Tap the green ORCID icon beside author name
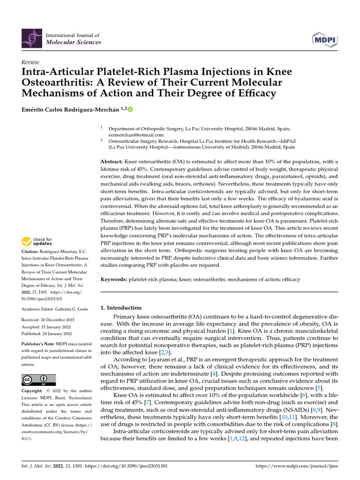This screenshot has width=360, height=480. pyautogui.click(x=130, y=110)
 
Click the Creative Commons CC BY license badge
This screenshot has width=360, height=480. pyautogui.click(x=39, y=380)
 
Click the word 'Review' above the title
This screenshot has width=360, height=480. pyautogui.click(x=30, y=62)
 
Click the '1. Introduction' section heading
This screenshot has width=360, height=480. pyautogui.click(x=121, y=308)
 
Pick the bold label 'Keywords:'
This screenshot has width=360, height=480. pyautogui.click(x=114, y=279)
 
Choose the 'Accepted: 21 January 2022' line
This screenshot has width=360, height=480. pyautogui.click(x=46, y=327)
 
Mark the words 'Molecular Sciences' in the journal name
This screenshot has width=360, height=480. pyautogui.click(x=73, y=42)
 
